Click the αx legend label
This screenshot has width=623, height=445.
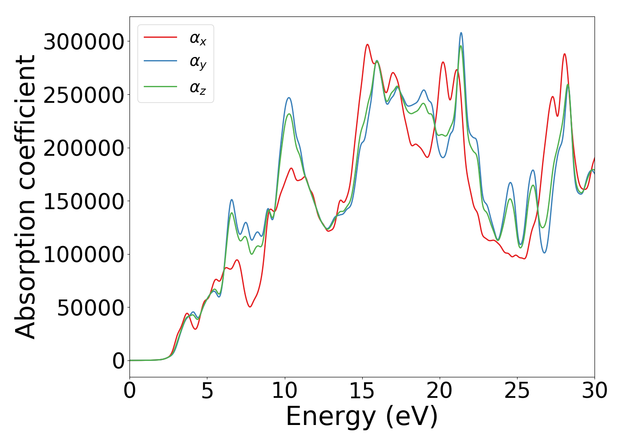(x=198, y=39)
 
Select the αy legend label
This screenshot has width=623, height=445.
(x=198, y=63)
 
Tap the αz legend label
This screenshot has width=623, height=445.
(x=198, y=88)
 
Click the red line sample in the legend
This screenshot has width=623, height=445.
(x=161, y=37)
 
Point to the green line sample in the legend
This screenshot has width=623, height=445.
(x=161, y=86)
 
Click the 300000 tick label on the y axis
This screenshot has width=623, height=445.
(x=84, y=42)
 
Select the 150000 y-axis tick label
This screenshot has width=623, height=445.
(x=84, y=202)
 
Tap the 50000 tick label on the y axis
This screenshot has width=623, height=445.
(x=90, y=308)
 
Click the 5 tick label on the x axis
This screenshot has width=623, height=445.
(x=207, y=391)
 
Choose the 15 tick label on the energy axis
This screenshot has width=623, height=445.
(x=362, y=391)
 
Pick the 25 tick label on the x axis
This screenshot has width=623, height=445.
(x=517, y=391)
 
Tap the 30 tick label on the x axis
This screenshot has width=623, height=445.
(x=595, y=391)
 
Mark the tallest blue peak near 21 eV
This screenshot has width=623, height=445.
(x=461, y=33)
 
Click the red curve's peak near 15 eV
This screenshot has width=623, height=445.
(x=368, y=44)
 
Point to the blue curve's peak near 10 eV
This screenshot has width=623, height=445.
(x=289, y=98)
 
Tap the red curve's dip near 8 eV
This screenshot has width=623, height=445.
(x=250, y=307)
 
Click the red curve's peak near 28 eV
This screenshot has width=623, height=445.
(x=564, y=54)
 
